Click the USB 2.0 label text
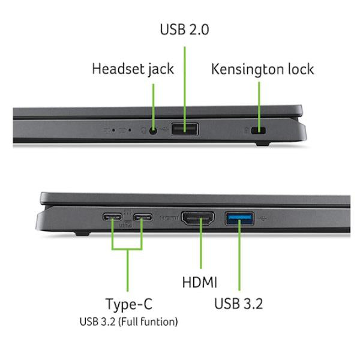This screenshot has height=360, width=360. tap(184, 29)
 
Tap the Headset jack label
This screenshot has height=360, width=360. tap(133, 69)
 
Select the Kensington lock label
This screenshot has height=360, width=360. tap(262, 69)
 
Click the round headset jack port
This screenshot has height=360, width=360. tap(153, 131)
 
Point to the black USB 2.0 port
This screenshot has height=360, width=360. tap(185, 130)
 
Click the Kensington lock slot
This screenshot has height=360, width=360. tap(259, 131)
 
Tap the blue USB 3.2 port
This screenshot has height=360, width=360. tap(239, 218)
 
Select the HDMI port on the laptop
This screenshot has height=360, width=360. tap(198, 218)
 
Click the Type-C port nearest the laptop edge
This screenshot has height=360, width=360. tap(112, 217)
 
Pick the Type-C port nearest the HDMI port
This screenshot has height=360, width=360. tap(143, 217)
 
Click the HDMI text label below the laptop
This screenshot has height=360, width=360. tap(200, 282)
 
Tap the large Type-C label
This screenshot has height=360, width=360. tap(129, 304)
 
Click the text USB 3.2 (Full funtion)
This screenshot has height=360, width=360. tap(129, 322)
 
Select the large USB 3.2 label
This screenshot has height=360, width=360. tap(239, 304)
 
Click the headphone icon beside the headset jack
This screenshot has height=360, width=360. tap(143, 131)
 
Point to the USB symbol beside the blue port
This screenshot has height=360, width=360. tap(263, 218)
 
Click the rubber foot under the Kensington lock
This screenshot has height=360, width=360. tap(262, 144)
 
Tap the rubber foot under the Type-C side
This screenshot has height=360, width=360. tap(82, 234)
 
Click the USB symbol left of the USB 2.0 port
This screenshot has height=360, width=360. tap(164, 129)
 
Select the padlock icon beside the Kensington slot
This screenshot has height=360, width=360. tap(246, 130)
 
